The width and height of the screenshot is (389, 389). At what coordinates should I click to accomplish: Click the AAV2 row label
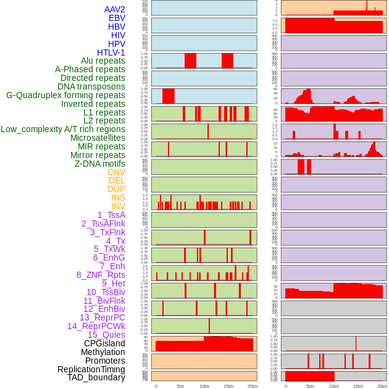click(115, 9)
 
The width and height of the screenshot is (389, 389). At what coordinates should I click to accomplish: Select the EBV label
click(117, 18)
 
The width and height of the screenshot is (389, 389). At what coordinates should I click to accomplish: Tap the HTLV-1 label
click(111, 52)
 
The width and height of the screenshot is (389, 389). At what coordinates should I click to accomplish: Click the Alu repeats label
click(103, 61)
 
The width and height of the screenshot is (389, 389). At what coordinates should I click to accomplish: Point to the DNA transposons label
click(91, 86)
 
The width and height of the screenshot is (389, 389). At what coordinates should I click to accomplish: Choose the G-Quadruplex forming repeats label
click(65, 95)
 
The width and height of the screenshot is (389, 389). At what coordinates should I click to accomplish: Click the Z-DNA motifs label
click(100, 164)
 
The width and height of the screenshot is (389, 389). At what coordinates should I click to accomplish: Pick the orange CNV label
click(116, 172)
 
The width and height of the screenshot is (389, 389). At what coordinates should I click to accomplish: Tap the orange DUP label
click(116, 189)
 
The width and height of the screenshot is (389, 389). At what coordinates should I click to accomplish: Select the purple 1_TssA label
click(111, 215)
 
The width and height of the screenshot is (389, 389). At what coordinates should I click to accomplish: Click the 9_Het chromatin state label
click(114, 283)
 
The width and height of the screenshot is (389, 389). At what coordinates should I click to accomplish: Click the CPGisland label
click(104, 343)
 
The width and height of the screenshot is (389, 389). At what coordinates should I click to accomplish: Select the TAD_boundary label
click(96, 377)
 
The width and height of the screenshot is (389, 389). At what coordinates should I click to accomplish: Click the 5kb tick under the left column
click(180, 386)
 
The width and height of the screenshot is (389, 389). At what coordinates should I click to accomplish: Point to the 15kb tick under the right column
click(358, 386)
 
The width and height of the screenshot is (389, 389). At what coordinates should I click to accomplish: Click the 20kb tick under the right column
click(382, 386)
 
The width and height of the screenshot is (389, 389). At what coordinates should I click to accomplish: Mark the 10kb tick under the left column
click(204, 386)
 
